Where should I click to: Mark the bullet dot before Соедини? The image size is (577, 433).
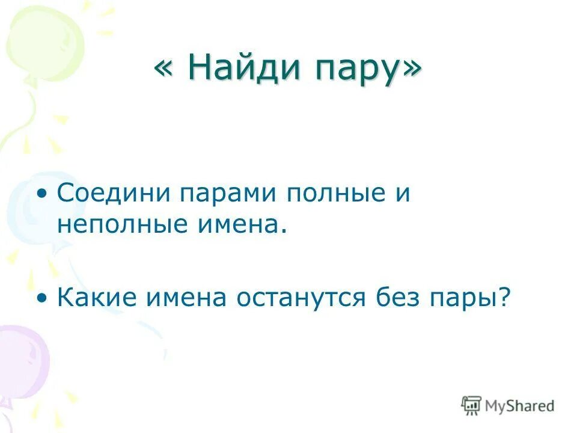41,196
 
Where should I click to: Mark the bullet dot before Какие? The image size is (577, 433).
41,298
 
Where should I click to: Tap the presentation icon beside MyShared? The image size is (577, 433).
472,406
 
